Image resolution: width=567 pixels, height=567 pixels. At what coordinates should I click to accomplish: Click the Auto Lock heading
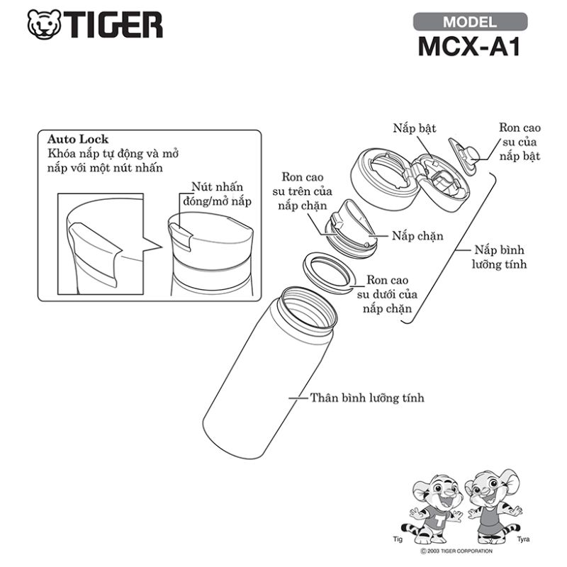pyautogui.click(x=78, y=139)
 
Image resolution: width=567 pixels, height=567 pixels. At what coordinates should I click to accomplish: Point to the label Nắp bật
pyautogui.click(x=414, y=128)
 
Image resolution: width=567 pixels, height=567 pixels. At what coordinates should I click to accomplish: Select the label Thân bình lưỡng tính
pyautogui.click(x=367, y=398)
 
